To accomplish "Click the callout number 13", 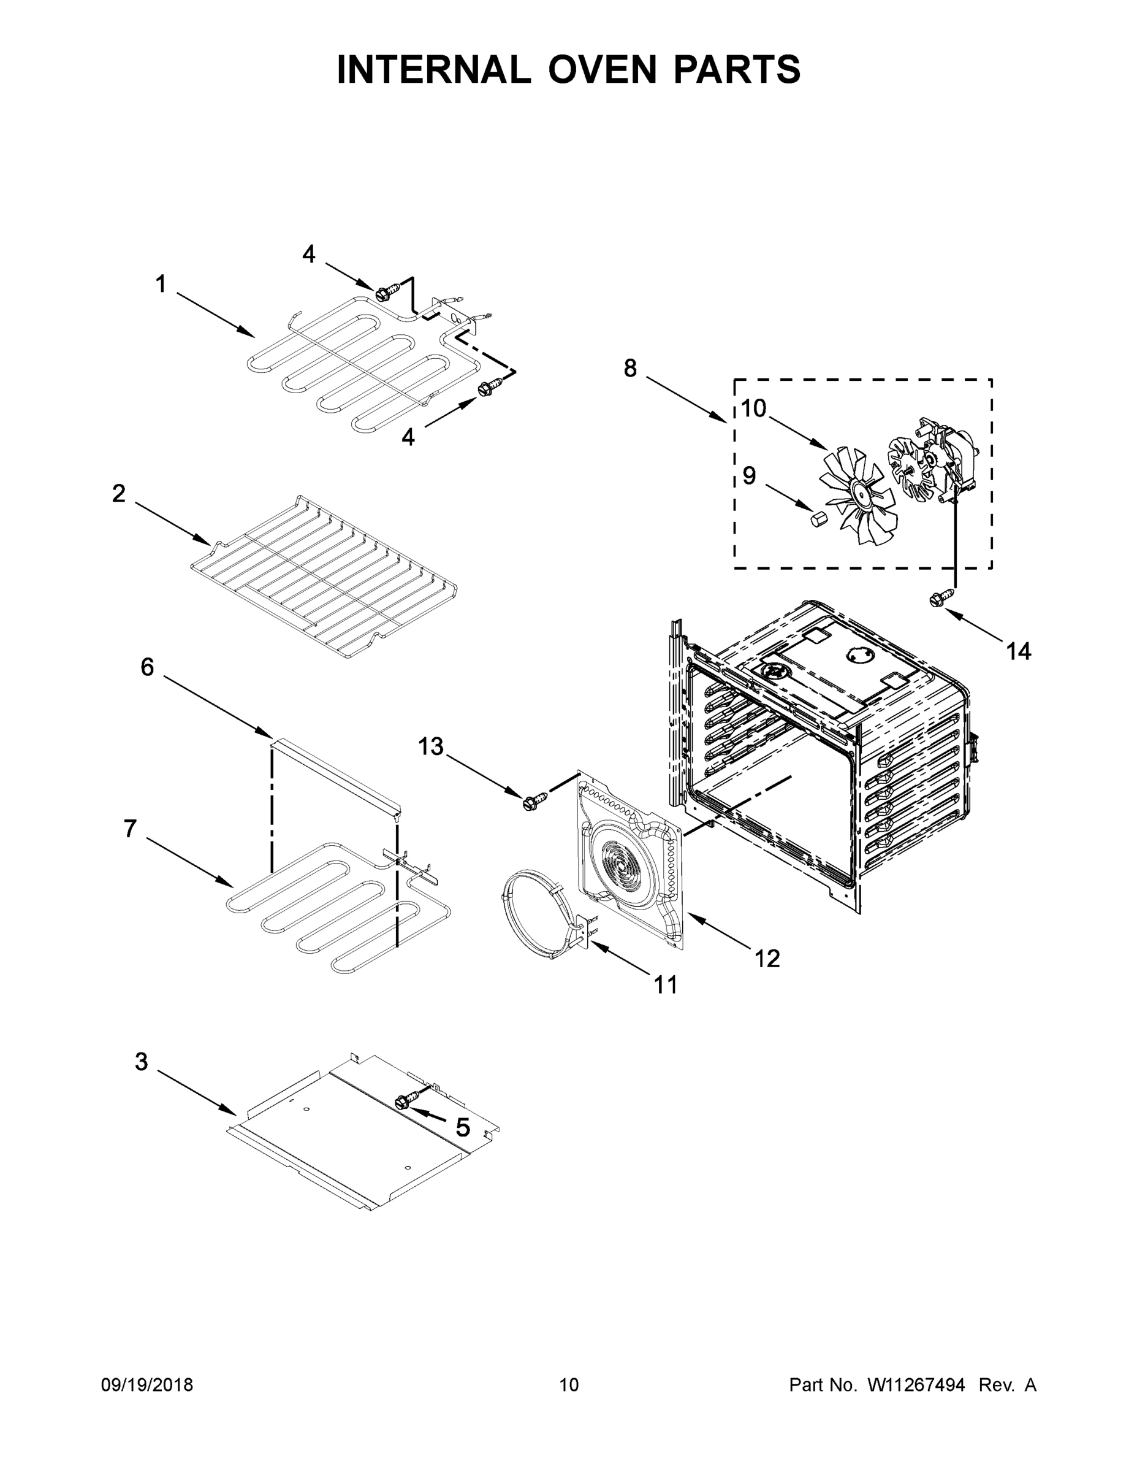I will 431,746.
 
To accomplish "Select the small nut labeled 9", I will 818,519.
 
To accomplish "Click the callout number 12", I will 767,958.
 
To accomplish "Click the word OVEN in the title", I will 601,69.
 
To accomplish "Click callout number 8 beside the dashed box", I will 630,369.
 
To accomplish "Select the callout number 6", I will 147,667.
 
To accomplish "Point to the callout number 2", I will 118,494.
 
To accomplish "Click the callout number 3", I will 141,1062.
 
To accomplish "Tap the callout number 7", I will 130,829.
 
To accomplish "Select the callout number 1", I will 161,285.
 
